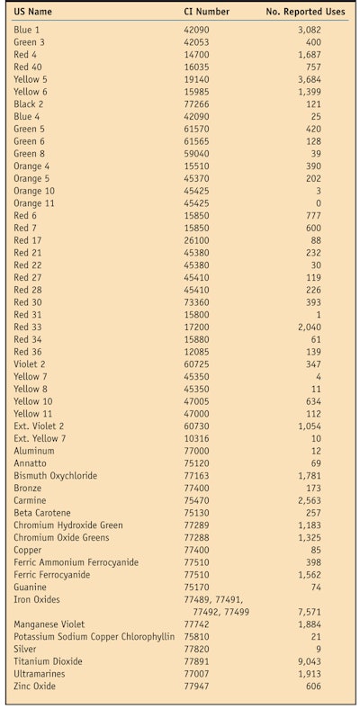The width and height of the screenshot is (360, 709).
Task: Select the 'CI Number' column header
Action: (x=206, y=12)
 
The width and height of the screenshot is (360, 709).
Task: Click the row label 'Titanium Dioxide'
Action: (x=47, y=661)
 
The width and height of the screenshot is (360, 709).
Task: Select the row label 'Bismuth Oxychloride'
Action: (x=55, y=475)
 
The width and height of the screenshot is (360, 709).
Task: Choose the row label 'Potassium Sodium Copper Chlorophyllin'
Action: (x=94, y=636)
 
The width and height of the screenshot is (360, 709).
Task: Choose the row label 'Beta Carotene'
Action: (x=42, y=513)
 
